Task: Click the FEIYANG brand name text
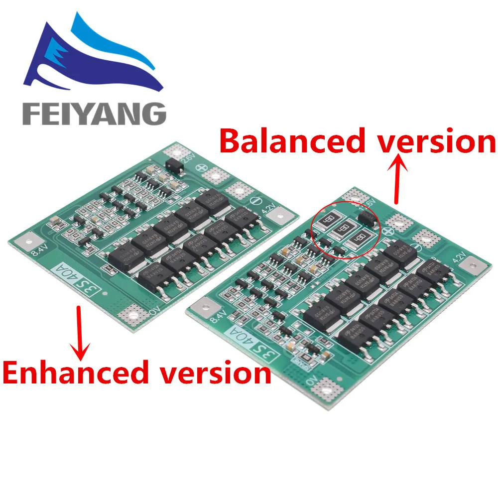94,114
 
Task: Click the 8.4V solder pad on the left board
22,243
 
